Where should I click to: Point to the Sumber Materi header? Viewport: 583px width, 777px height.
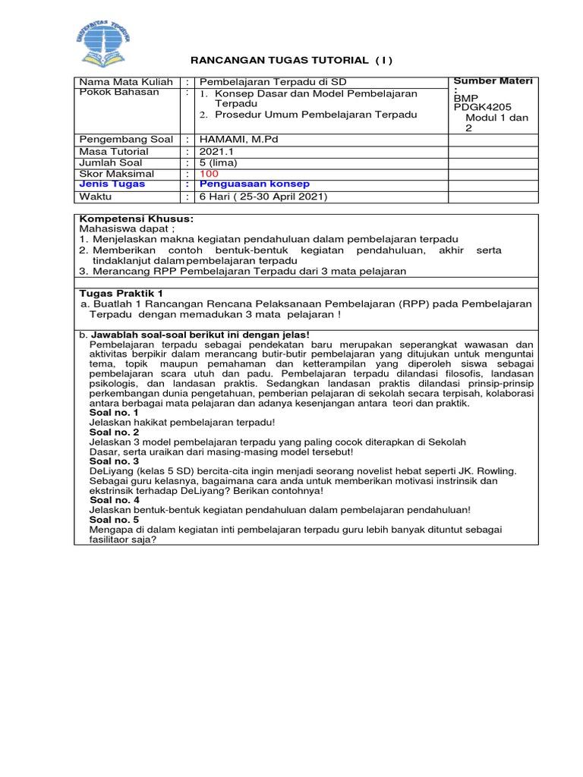[x=492, y=80]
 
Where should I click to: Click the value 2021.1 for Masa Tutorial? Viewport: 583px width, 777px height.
[x=216, y=152]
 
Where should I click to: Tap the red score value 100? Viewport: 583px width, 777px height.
[x=208, y=174]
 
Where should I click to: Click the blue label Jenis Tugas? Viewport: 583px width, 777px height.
[x=112, y=184]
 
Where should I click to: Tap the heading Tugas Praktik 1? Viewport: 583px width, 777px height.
[x=121, y=292]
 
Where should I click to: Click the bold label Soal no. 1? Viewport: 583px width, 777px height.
[x=114, y=413]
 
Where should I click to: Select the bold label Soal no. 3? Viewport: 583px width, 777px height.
[x=114, y=461]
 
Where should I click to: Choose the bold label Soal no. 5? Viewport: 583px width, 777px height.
[x=114, y=520]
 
